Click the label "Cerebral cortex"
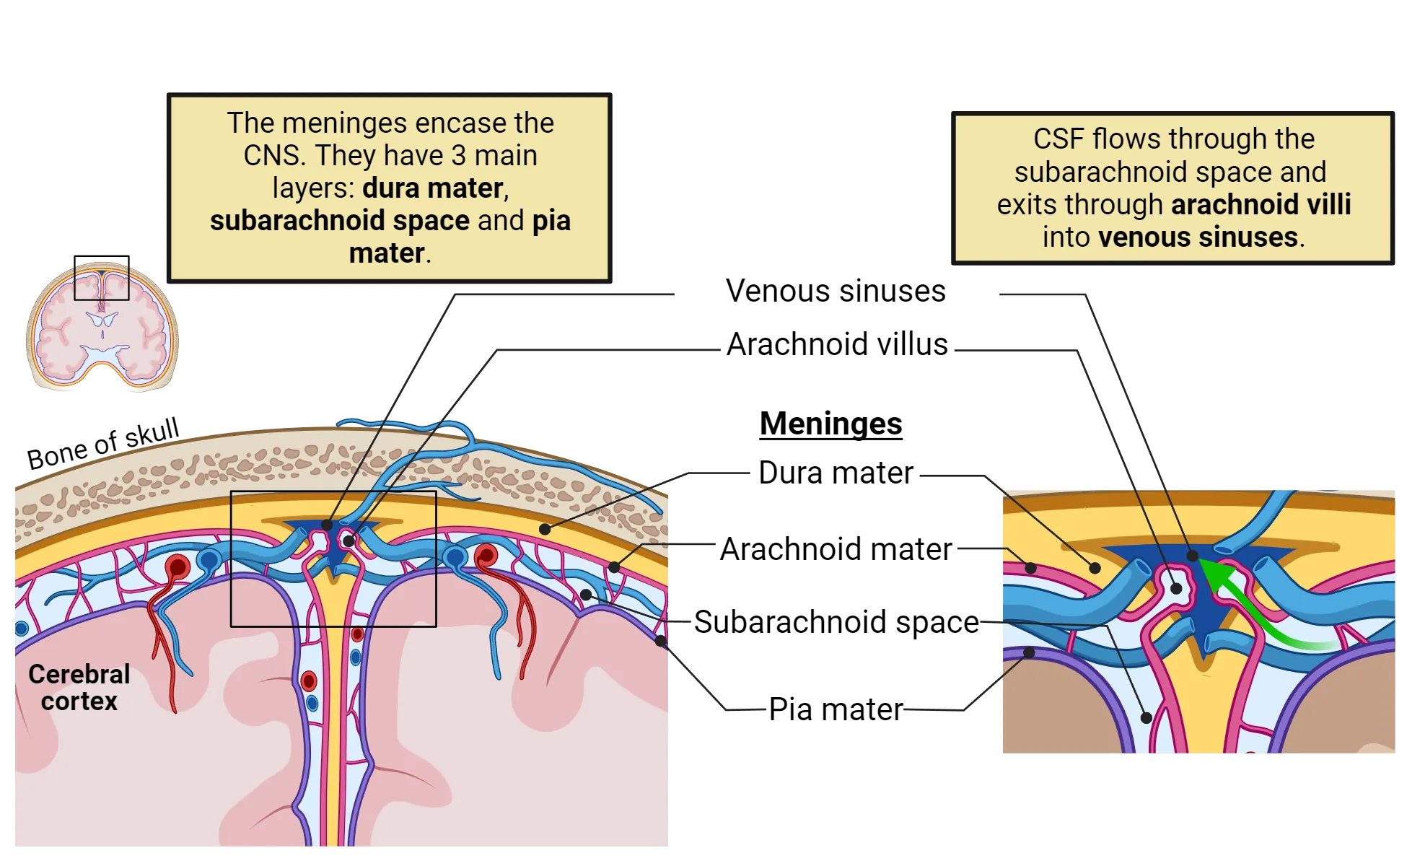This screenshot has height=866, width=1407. (79, 687)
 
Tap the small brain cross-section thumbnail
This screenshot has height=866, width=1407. (102, 325)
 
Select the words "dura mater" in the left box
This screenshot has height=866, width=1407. (432, 188)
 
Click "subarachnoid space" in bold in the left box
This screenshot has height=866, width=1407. (339, 221)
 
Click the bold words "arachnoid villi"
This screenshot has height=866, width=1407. (1261, 205)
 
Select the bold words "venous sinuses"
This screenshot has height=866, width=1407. (1198, 237)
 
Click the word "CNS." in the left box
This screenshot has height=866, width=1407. (275, 156)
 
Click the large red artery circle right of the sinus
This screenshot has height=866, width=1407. (486, 556)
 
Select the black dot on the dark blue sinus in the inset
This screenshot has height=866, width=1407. (1193, 556)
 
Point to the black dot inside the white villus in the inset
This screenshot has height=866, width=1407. (1176, 588)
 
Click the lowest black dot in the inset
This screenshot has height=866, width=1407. (1146, 717)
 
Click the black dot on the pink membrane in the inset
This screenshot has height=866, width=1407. (1032, 568)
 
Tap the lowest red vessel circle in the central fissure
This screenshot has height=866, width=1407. (308, 681)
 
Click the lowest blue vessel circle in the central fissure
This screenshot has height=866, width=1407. (312, 703)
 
